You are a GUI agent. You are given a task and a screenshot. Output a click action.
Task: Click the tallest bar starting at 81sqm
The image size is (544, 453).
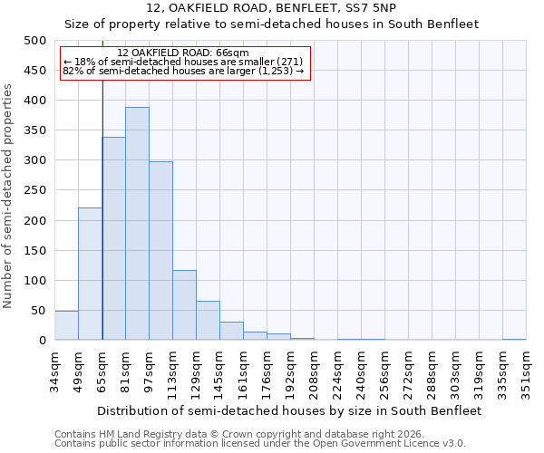pos(137,224)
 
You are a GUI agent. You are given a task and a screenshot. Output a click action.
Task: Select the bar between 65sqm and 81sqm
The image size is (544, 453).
pos(113,238)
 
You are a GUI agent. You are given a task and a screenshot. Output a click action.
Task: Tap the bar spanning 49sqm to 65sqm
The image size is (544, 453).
pos(90,274)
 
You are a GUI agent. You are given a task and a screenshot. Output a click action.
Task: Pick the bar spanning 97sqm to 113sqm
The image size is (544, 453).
pos(160,251)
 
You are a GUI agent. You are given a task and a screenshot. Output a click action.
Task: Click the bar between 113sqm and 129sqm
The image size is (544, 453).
pos(184,305)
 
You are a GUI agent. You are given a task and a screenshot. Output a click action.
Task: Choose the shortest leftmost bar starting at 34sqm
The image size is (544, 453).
pos(66,325)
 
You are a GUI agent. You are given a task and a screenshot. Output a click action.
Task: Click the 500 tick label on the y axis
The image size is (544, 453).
pos(34,41)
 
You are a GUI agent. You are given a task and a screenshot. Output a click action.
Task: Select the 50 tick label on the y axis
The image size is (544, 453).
pos(38,311)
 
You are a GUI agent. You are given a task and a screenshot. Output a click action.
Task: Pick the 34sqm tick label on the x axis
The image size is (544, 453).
pos(54,371)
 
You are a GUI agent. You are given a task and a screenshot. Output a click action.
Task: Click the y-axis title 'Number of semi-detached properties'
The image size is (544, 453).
pos(9,196)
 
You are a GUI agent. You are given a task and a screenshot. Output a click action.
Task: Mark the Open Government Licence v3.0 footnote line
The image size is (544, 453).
pos(259,444)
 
